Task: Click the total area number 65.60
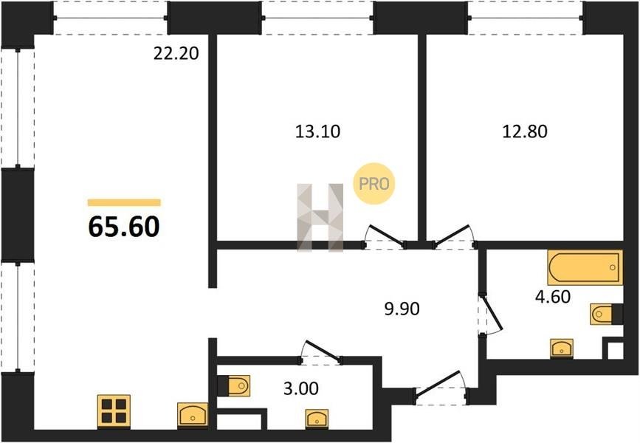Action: [124, 227]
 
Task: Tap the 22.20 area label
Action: [176, 53]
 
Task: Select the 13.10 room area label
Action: [317, 131]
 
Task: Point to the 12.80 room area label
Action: [525, 131]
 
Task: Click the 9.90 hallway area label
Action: [402, 309]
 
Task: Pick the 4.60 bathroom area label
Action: [553, 297]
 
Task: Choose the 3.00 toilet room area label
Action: [301, 388]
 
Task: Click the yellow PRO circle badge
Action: [374, 184]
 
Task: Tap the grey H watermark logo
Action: [320, 218]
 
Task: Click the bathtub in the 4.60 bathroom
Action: [585, 267]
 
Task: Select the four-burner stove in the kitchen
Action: [114, 411]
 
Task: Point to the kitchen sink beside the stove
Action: [193, 415]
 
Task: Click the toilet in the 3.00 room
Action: [235, 385]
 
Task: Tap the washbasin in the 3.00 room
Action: [317, 419]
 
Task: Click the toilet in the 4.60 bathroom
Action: [606, 315]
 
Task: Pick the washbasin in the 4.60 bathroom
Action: [562, 348]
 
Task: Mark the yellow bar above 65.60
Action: [124, 202]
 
